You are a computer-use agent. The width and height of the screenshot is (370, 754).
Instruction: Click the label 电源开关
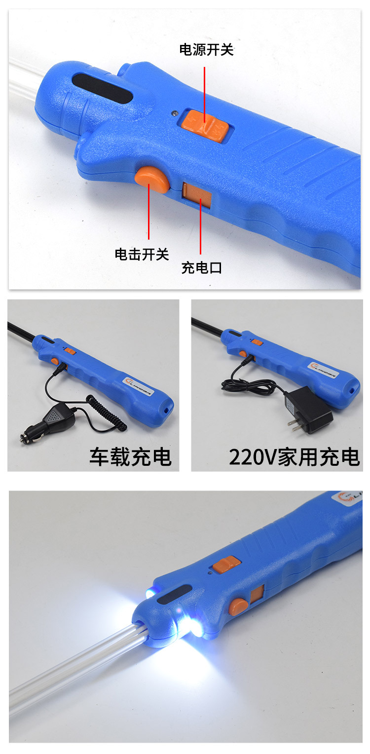tap(206, 50)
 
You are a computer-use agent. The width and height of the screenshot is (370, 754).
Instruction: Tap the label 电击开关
tap(142, 254)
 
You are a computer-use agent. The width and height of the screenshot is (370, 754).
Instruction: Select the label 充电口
tap(201, 268)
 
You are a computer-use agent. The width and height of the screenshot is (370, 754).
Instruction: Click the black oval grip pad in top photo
tap(103, 89)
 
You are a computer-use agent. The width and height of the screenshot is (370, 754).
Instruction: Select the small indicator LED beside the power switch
tap(173, 113)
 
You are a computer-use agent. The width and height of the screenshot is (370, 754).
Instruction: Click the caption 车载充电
tap(130, 457)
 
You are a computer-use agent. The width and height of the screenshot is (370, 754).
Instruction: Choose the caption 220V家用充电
tap(294, 457)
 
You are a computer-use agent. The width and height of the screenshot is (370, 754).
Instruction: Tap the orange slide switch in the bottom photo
tap(226, 564)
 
